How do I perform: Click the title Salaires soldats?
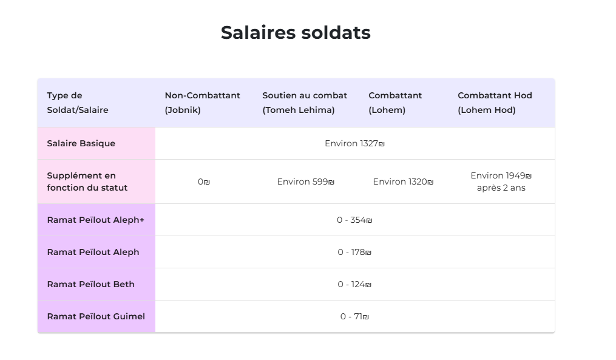tap(296, 33)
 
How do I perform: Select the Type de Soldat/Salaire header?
tap(78, 103)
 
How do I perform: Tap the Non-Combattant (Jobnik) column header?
tap(202, 103)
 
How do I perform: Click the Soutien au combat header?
tap(305, 103)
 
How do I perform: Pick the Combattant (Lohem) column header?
tap(395, 103)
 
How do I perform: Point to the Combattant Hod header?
tap(495, 103)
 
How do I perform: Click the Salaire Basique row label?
tap(81, 143)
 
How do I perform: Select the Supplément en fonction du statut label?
tap(87, 182)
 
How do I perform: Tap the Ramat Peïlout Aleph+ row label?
tap(95, 220)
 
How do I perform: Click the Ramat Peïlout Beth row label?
tap(90, 284)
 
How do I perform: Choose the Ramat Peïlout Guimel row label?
tap(96, 316)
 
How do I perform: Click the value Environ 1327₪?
tap(354, 143)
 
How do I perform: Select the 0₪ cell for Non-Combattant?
tap(203, 182)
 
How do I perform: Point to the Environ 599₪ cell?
tap(306, 182)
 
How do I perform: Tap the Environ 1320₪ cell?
tap(403, 182)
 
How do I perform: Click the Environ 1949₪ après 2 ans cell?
tap(501, 182)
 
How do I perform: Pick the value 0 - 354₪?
tap(354, 220)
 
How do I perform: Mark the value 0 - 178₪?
tap(354, 252)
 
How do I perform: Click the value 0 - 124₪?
tap(354, 284)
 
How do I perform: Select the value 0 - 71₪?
tap(354, 316)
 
